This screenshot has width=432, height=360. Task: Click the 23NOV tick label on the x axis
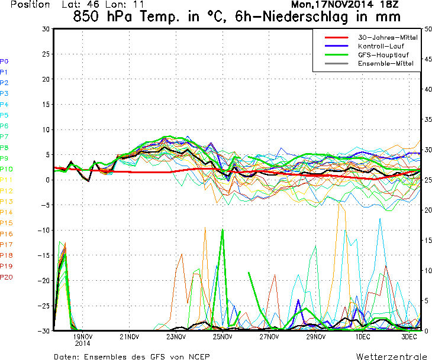(x=176, y=337)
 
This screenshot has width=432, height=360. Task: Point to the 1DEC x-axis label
(x=362, y=337)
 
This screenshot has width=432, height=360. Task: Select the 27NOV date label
(x=269, y=337)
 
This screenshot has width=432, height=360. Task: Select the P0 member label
(x=4, y=61)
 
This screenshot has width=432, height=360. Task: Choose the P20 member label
(x=6, y=277)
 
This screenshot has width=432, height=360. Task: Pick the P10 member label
(x=6, y=169)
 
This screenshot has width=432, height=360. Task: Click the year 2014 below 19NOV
(x=82, y=343)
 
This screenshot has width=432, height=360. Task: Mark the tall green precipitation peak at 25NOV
(x=223, y=230)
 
